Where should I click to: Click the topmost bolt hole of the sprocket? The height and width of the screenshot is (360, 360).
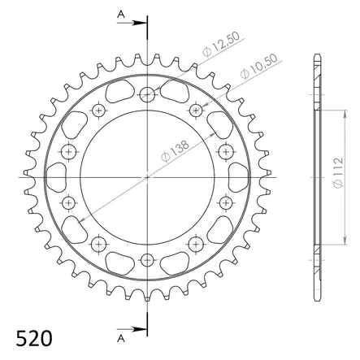(x=147, y=93)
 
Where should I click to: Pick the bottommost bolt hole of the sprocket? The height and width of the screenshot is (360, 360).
(x=147, y=259)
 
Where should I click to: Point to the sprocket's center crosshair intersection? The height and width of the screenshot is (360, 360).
(x=147, y=176)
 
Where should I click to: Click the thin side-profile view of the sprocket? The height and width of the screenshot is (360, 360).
(x=315, y=176)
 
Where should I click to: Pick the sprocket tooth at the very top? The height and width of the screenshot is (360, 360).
(x=147, y=57)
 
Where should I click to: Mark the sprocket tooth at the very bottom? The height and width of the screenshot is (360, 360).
(x=147, y=296)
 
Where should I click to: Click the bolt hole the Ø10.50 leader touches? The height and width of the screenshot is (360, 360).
(x=196, y=109)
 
